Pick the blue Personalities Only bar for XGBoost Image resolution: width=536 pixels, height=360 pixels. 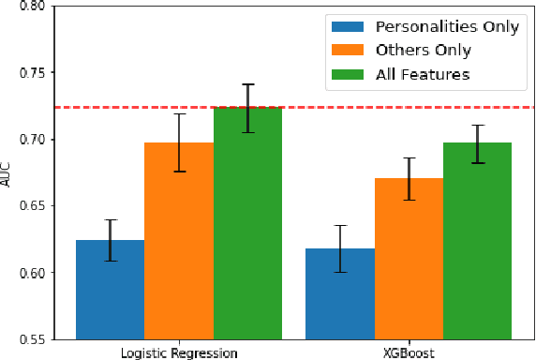pos(340,292)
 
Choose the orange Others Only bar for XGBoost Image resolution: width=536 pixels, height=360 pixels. pos(409,258)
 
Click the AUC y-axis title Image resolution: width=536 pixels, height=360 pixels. pos(8,172)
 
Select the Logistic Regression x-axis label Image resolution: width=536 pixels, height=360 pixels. pos(179,352)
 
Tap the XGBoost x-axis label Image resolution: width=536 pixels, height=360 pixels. pos(409,352)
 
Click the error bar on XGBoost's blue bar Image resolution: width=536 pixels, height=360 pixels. pos(340,248)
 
